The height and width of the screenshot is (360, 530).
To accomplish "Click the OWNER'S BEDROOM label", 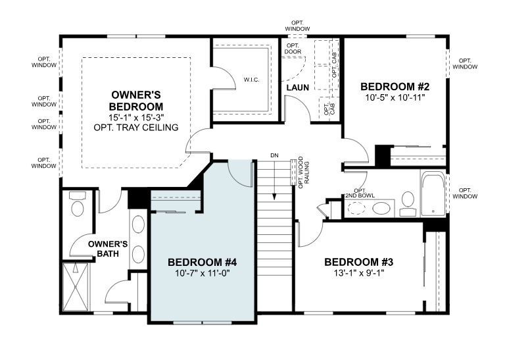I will [136, 101].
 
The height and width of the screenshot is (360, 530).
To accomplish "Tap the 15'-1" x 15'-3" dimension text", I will [136, 117].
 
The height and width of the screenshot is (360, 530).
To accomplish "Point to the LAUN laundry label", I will [298, 88].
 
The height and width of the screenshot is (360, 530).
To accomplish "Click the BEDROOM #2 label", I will [395, 86].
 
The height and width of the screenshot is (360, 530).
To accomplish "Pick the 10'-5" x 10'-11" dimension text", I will [395, 97].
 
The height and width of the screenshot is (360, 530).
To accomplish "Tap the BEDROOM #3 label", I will [359, 261].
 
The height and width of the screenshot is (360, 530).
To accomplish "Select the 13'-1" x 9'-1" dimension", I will [359, 272].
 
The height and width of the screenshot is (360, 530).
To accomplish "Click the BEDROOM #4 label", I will [202, 261].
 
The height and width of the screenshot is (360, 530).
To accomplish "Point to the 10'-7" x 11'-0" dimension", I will [202, 272].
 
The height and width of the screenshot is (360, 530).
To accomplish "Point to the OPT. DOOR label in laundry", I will [293, 49].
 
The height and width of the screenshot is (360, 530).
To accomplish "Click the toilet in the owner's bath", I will [78, 206].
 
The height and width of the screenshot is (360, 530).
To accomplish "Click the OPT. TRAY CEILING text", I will [136, 127].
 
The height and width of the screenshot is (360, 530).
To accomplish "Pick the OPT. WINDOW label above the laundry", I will [298, 26].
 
